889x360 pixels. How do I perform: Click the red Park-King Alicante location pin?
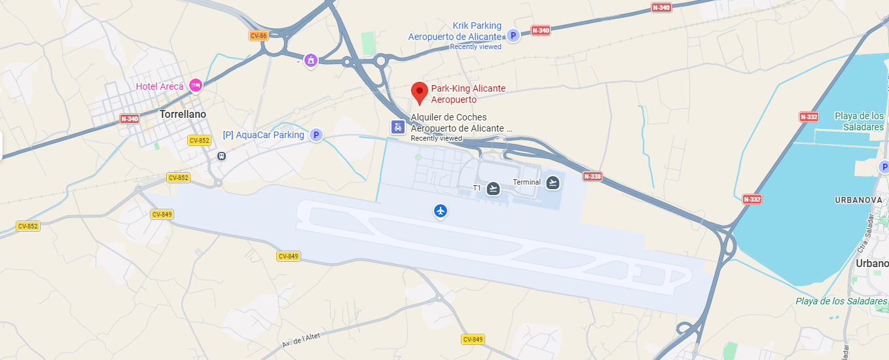click(x=420, y=92)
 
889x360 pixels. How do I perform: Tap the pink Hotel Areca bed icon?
click(x=195, y=86)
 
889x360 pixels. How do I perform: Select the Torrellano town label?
click(x=183, y=114)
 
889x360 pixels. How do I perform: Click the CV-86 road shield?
click(x=259, y=35)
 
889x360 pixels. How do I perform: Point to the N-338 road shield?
click(x=592, y=177)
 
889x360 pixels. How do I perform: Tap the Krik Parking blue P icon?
click(x=513, y=36)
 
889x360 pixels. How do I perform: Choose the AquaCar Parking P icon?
click(x=316, y=135)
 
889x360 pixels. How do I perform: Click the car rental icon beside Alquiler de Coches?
click(x=397, y=127)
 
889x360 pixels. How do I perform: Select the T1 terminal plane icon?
click(x=494, y=189)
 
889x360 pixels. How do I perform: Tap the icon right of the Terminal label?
click(x=553, y=183)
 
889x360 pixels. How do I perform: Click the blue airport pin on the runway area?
click(x=441, y=211)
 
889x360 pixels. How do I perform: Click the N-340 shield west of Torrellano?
click(x=130, y=119)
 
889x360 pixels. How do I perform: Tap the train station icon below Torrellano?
click(x=221, y=156)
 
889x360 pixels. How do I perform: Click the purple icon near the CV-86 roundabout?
click(x=310, y=61)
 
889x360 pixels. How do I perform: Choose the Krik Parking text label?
click(x=477, y=26)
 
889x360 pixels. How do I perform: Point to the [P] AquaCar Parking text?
click(x=263, y=135)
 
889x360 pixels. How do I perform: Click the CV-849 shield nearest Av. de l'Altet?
click(x=473, y=339)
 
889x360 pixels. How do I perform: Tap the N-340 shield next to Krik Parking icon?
click(x=541, y=30)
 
